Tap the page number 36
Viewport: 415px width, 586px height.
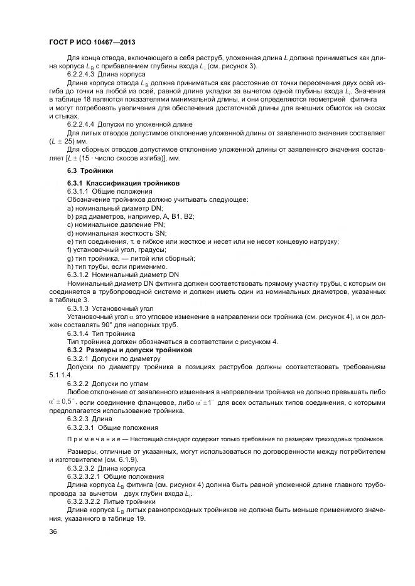pyautogui.click(x=53, y=531)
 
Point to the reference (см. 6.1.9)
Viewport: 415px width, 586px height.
pyautogui.click(x=124, y=459)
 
